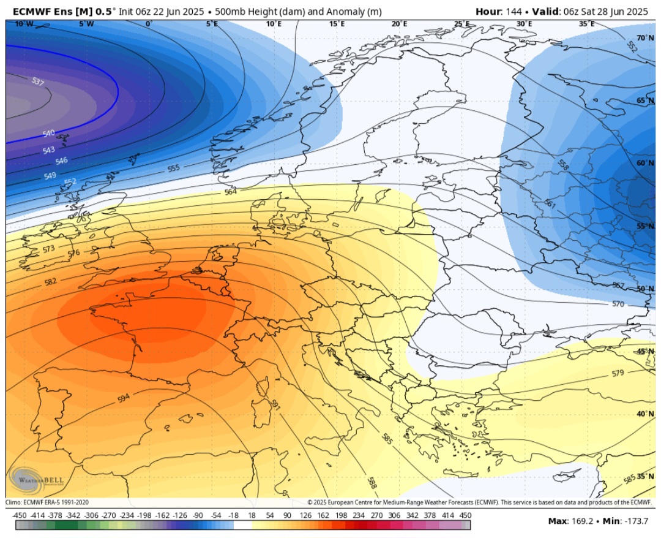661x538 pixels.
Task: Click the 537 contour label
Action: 37,81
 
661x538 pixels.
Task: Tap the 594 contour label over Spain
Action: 124,399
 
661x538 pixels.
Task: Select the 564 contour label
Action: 230,192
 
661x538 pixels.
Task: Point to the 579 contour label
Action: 618,373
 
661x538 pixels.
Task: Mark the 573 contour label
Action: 49,249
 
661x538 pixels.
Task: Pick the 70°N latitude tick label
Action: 644,38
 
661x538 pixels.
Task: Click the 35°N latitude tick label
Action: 644,476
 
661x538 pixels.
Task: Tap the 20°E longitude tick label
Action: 399,24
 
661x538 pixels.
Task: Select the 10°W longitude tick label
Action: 23,24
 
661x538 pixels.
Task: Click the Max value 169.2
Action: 583,521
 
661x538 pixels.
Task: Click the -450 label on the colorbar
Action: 20,516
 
